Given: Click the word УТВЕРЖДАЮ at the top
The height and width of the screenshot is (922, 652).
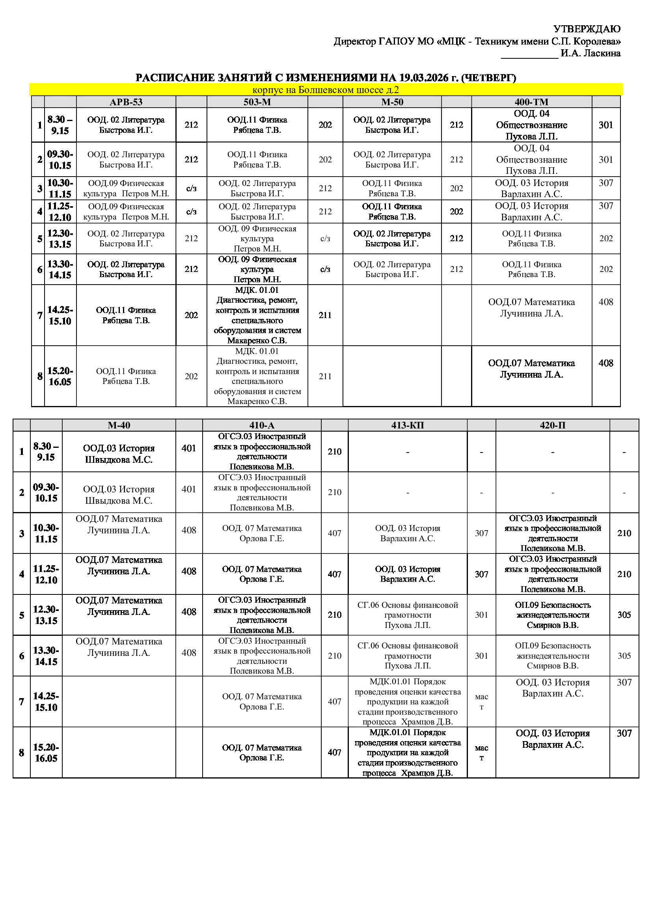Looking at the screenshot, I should [587, 29].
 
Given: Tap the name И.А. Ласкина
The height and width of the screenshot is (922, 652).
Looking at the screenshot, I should [590, 53].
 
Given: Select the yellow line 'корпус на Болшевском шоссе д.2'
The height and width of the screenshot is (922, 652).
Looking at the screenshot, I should [326, 90].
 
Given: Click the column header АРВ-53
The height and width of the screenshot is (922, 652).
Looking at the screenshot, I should [126, 102].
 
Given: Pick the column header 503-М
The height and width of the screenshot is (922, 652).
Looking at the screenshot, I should [257, 102].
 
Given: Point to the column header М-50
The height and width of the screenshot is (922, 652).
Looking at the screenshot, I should [392, 102].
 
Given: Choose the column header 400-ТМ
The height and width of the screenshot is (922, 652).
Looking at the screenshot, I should [531, 102].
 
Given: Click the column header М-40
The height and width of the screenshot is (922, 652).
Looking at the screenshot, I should [119, 425].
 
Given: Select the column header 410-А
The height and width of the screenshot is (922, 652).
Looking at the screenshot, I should [262, 425].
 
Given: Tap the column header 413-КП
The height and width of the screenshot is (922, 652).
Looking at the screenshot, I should [408, 425].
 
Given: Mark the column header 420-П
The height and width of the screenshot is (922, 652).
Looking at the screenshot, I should [552, 425].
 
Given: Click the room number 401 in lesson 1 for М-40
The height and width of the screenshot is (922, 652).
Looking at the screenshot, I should [189, 448].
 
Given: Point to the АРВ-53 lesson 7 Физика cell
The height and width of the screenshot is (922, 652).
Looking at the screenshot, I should [126, 315].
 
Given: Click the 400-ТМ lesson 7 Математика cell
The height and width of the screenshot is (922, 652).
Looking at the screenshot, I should [531, 307].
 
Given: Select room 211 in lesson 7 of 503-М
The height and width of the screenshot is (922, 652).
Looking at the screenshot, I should [325, 315].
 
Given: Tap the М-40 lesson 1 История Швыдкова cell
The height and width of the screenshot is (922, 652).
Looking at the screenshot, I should [119, 454].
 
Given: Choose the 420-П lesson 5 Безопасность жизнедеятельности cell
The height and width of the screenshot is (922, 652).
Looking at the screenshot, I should [552, 615].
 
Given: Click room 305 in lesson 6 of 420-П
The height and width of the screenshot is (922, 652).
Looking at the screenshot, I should [624, 656].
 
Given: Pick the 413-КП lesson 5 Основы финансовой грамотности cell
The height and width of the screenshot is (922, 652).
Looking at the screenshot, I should [408, 615].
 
